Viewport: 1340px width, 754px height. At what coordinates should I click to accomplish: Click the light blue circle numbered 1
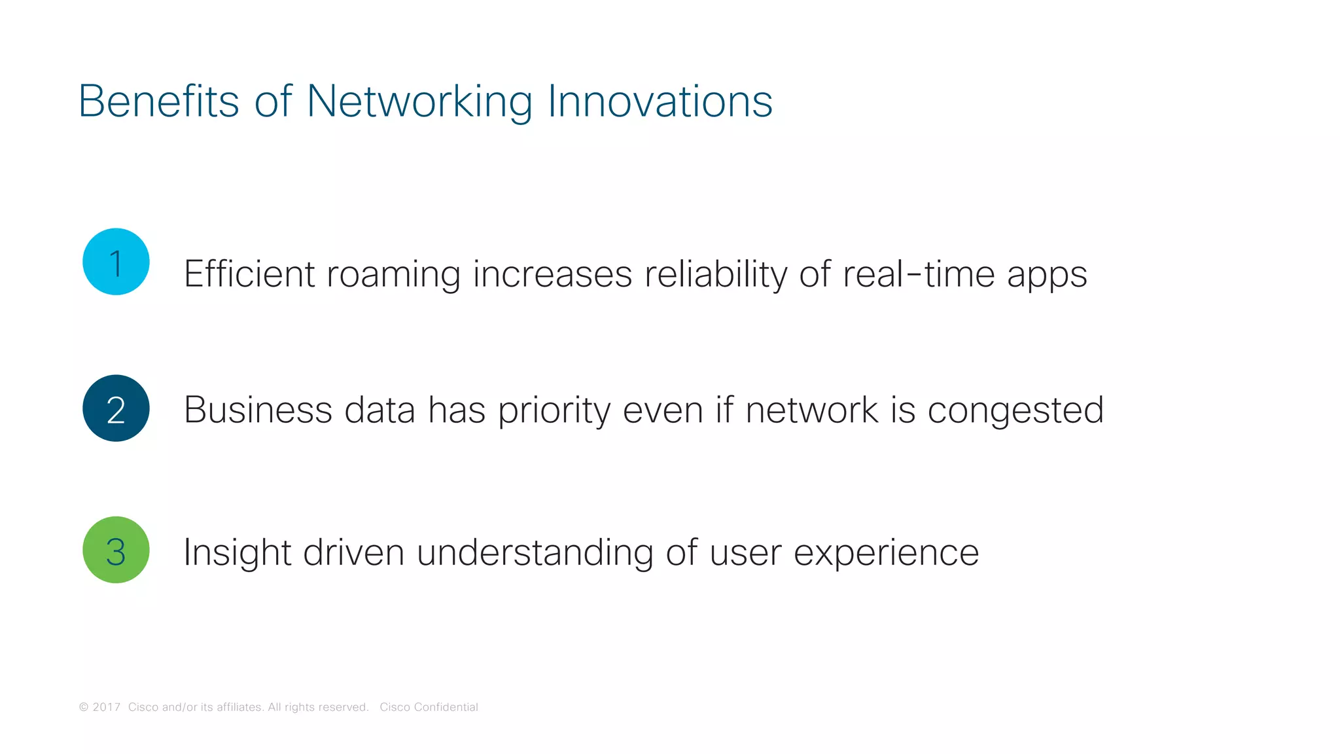pos(116,262)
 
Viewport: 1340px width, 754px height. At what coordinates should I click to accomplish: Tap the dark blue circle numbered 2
pos(116,408)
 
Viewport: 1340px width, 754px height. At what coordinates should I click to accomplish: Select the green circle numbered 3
pos(116,550)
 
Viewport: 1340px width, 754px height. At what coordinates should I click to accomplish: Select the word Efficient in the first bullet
pos(249,274)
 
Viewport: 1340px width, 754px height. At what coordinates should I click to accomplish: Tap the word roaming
pos(393,275)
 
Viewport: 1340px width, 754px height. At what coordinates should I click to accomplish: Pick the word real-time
pos(918,274)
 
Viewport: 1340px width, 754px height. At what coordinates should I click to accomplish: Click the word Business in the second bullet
pos(258,410)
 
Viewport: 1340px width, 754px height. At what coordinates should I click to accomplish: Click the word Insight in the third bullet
pos(237,552)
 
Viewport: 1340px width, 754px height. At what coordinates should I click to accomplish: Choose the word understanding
pos(535,552)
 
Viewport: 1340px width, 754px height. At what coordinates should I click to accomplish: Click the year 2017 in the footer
pos(106,707)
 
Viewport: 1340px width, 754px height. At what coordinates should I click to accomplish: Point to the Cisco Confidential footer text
pos(429,707)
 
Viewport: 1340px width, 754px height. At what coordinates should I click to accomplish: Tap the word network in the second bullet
pos(811,410)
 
